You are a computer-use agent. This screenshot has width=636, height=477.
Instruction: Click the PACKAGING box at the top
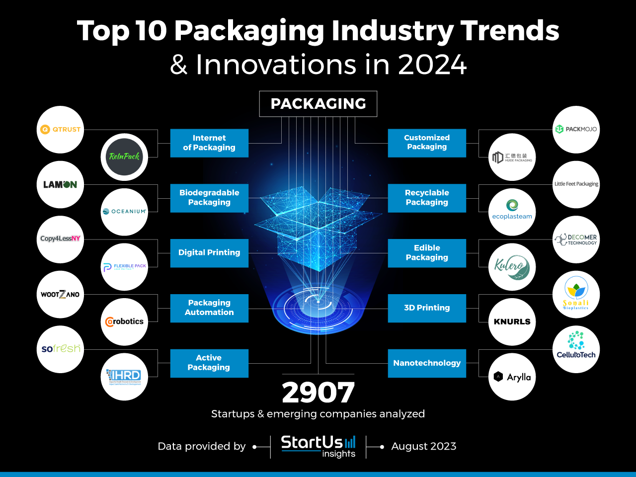[318, 104]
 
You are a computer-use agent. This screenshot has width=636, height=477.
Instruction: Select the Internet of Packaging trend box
[209, 143]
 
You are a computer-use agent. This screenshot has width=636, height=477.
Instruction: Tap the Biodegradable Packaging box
[209, 198]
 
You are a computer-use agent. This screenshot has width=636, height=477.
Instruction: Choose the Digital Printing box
[209, 253]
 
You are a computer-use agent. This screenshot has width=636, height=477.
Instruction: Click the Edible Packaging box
[427, 253]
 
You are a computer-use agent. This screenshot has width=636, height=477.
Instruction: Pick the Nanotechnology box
[427, 363]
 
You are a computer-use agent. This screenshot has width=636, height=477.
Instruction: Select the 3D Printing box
[427, 308]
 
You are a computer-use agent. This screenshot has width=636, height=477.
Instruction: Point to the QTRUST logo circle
[61, 129]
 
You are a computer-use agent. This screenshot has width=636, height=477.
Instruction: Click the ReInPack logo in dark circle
[124, 157]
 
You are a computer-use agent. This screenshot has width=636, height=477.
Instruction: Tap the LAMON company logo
[61, 184]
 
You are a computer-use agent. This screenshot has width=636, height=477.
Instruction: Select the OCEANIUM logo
[124, 212]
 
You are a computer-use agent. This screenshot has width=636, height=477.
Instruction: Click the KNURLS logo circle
[512, 322]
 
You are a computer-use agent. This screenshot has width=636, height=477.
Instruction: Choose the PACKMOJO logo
[576, 129]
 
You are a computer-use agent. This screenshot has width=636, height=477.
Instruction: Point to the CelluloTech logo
[576, 349]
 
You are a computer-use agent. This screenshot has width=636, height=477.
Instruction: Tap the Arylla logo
[512, 377]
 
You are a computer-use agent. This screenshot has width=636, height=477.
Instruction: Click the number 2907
[318, 393]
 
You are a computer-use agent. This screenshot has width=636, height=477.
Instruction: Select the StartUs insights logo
[318, 446]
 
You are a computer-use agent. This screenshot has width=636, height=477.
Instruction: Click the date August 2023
[423, 446]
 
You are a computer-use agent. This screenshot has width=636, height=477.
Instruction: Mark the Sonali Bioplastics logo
[576, 294]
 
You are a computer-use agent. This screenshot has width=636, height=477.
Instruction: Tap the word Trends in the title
[510, 31]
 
